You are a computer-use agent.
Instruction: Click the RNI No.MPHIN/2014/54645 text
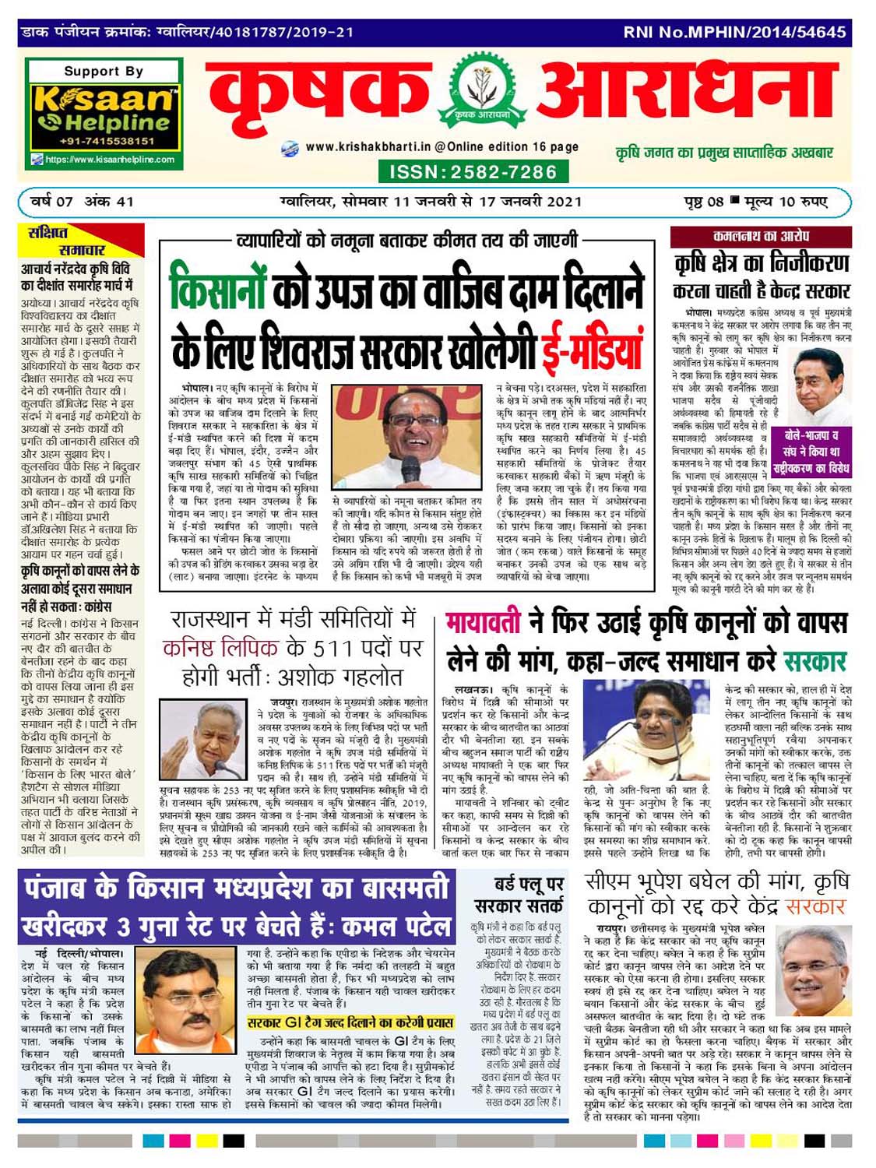(734, 32)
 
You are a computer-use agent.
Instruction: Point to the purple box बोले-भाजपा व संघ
(813, 452)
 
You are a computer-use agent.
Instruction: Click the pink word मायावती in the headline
(484, 624)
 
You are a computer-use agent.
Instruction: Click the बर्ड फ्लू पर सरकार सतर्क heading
(519, 895)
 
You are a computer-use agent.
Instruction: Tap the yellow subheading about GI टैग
(350, 1022)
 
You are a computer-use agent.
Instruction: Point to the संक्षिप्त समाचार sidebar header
(81, 241)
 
